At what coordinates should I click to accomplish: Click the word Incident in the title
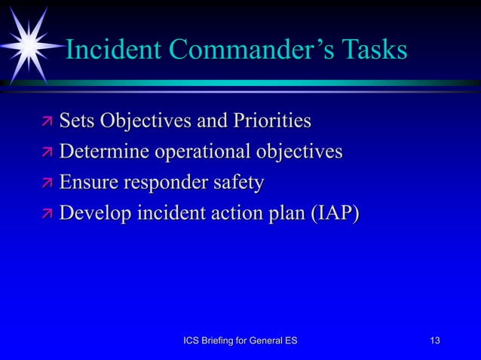pos(112,50)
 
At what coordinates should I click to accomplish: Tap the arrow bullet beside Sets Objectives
pos(46,122)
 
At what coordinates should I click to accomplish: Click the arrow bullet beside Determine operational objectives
pos(46,154)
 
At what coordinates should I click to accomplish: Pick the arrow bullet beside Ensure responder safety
pos(46,185)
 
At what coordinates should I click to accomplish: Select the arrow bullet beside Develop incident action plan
pos(46,215)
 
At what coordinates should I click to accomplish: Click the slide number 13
pos(434,342)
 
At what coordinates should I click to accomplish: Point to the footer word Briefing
pos(225,342)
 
